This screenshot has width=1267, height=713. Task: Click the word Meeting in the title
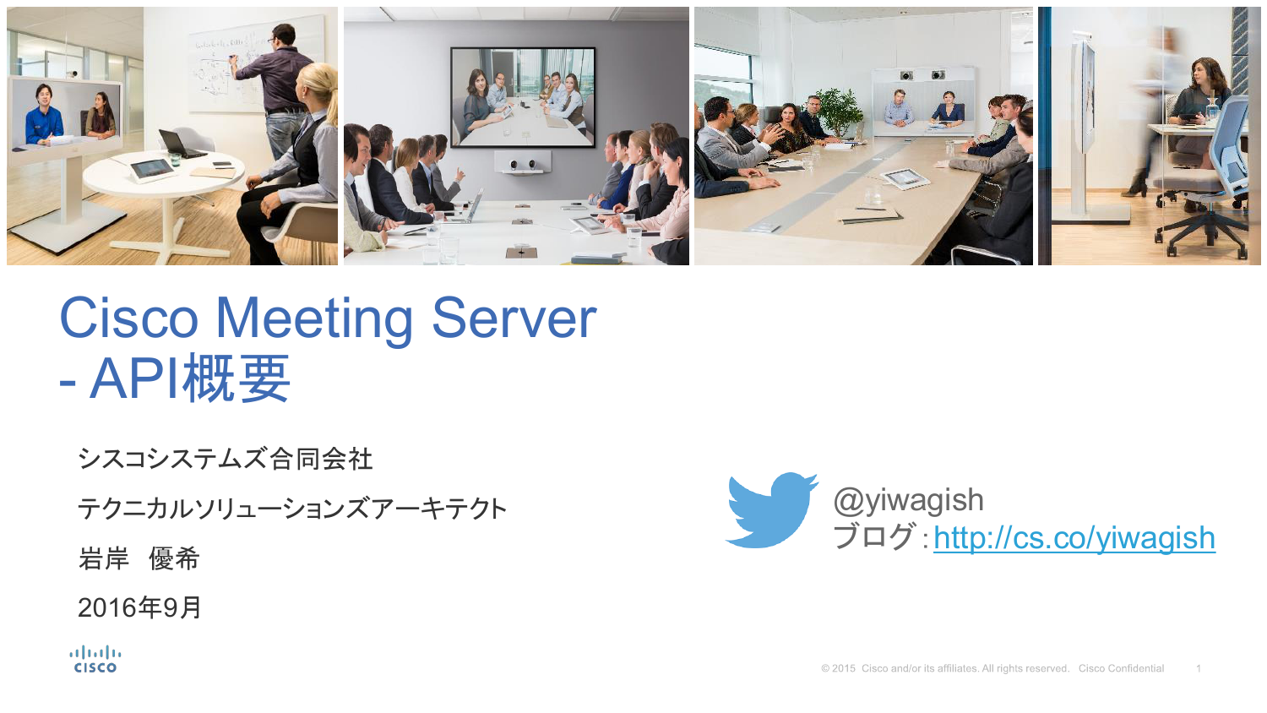coord(314,320)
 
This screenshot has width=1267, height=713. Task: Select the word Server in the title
coord(514,318)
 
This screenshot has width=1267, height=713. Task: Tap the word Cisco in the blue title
coord(129,318)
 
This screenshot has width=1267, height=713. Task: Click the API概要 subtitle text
coord(190,378)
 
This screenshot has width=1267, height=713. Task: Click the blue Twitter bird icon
coord(771,510)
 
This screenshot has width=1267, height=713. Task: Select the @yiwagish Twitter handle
coord(908,500)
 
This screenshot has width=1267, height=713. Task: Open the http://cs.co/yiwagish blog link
coord(1074,537)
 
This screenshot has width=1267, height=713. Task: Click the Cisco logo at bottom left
coord(95,659)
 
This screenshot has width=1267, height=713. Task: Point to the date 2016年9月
coord(139,607)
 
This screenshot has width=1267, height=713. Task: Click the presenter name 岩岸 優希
coord(139,558)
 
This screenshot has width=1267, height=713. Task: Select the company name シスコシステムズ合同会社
coord(226,459)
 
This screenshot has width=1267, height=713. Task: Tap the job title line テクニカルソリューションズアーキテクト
coord(292,509)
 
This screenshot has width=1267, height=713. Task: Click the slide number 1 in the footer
coord(1198,669)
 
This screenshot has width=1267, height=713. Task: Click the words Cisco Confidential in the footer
coord(1121,668)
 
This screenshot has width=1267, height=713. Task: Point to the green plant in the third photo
coord(839,112)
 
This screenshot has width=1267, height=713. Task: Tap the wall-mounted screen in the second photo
coord(523,97)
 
